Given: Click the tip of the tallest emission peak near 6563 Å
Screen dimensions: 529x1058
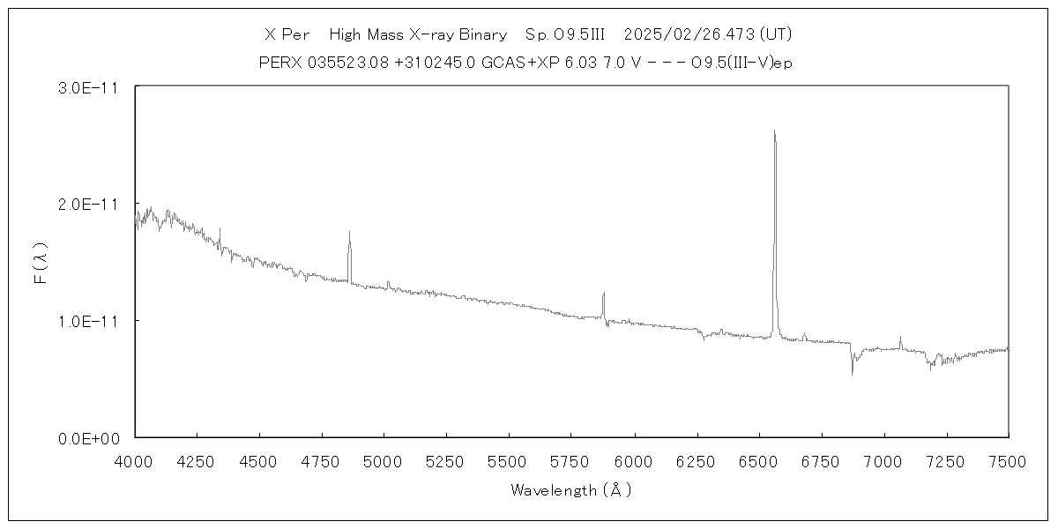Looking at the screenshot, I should (x=774, y=130).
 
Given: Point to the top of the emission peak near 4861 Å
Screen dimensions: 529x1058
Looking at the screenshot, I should (x=349, y=232).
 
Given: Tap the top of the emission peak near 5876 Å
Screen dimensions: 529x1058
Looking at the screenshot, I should (x=603, y=293).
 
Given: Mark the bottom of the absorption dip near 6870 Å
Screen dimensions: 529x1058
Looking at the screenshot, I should (x=852, y=375).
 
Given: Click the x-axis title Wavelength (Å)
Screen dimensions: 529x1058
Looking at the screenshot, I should (x=571, y=490).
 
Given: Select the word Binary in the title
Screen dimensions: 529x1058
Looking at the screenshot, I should (x=482, y=34).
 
